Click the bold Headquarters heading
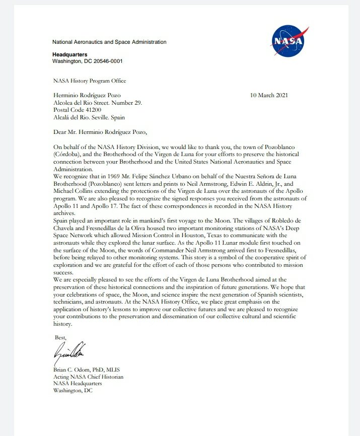[x=69, y=54]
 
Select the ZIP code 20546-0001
[x=105, y=61]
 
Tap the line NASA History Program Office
[x=90, y=81]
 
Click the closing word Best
[x=60, y=337]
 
